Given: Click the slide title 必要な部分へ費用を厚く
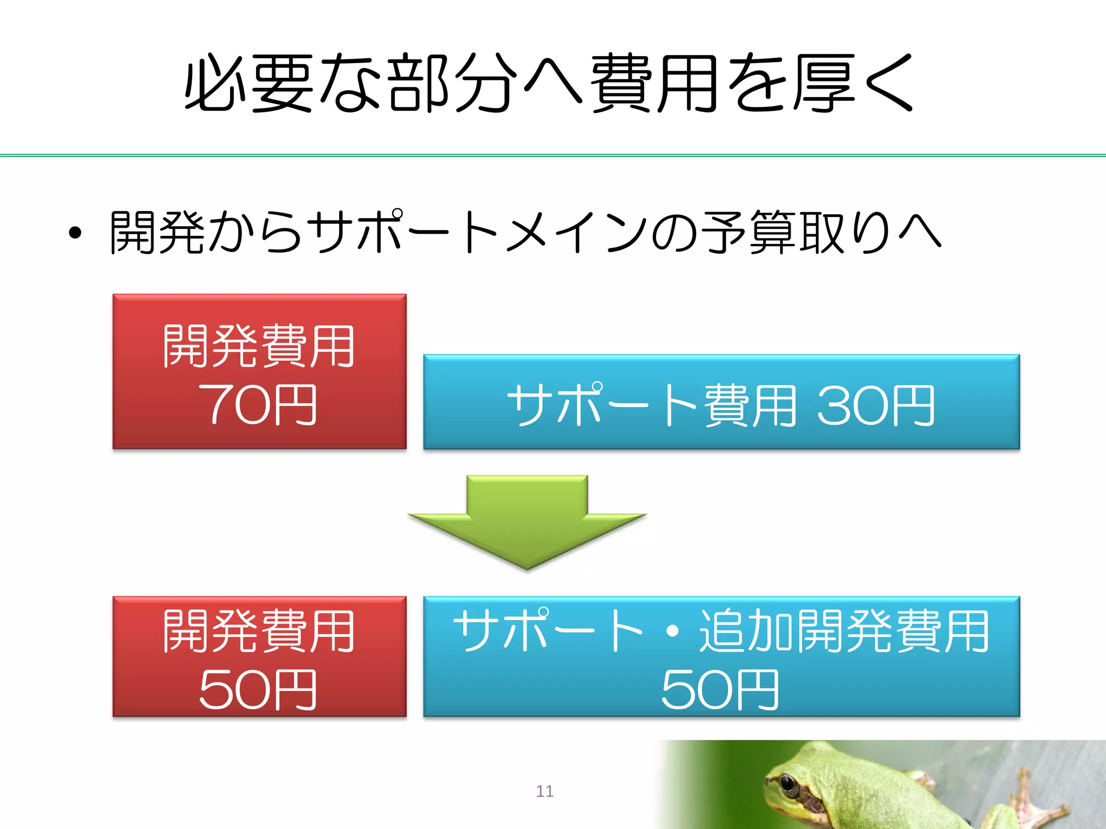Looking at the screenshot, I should coord(549,84).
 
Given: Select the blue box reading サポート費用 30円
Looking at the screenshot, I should coord(721,402).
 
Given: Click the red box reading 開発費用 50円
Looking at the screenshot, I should coord(259,656).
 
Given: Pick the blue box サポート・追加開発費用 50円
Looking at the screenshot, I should coord(721,656).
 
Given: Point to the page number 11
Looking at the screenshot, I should coord(544,791).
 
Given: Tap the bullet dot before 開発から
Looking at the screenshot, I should coord(75,233).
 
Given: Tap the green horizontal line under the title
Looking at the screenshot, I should coord(553,155).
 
